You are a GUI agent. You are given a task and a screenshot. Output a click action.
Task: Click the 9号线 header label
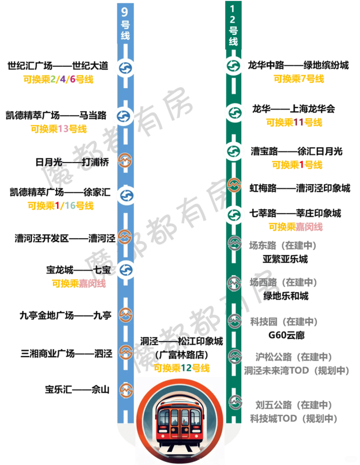[x=125, y=24]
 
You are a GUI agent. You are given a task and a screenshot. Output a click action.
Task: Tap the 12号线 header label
[x=234, y=25]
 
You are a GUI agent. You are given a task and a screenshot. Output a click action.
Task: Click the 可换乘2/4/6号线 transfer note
[x=58, y=79]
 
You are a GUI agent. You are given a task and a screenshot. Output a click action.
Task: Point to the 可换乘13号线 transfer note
[x=58, y=129]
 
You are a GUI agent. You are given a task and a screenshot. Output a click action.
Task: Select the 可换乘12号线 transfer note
[x=182, y=368]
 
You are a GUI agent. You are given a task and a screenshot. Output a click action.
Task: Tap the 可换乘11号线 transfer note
[x=294, y=122]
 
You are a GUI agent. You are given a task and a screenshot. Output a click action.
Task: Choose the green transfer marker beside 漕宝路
[x=234, y=151]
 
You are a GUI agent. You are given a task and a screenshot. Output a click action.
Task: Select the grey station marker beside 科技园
[x=235, y=321]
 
